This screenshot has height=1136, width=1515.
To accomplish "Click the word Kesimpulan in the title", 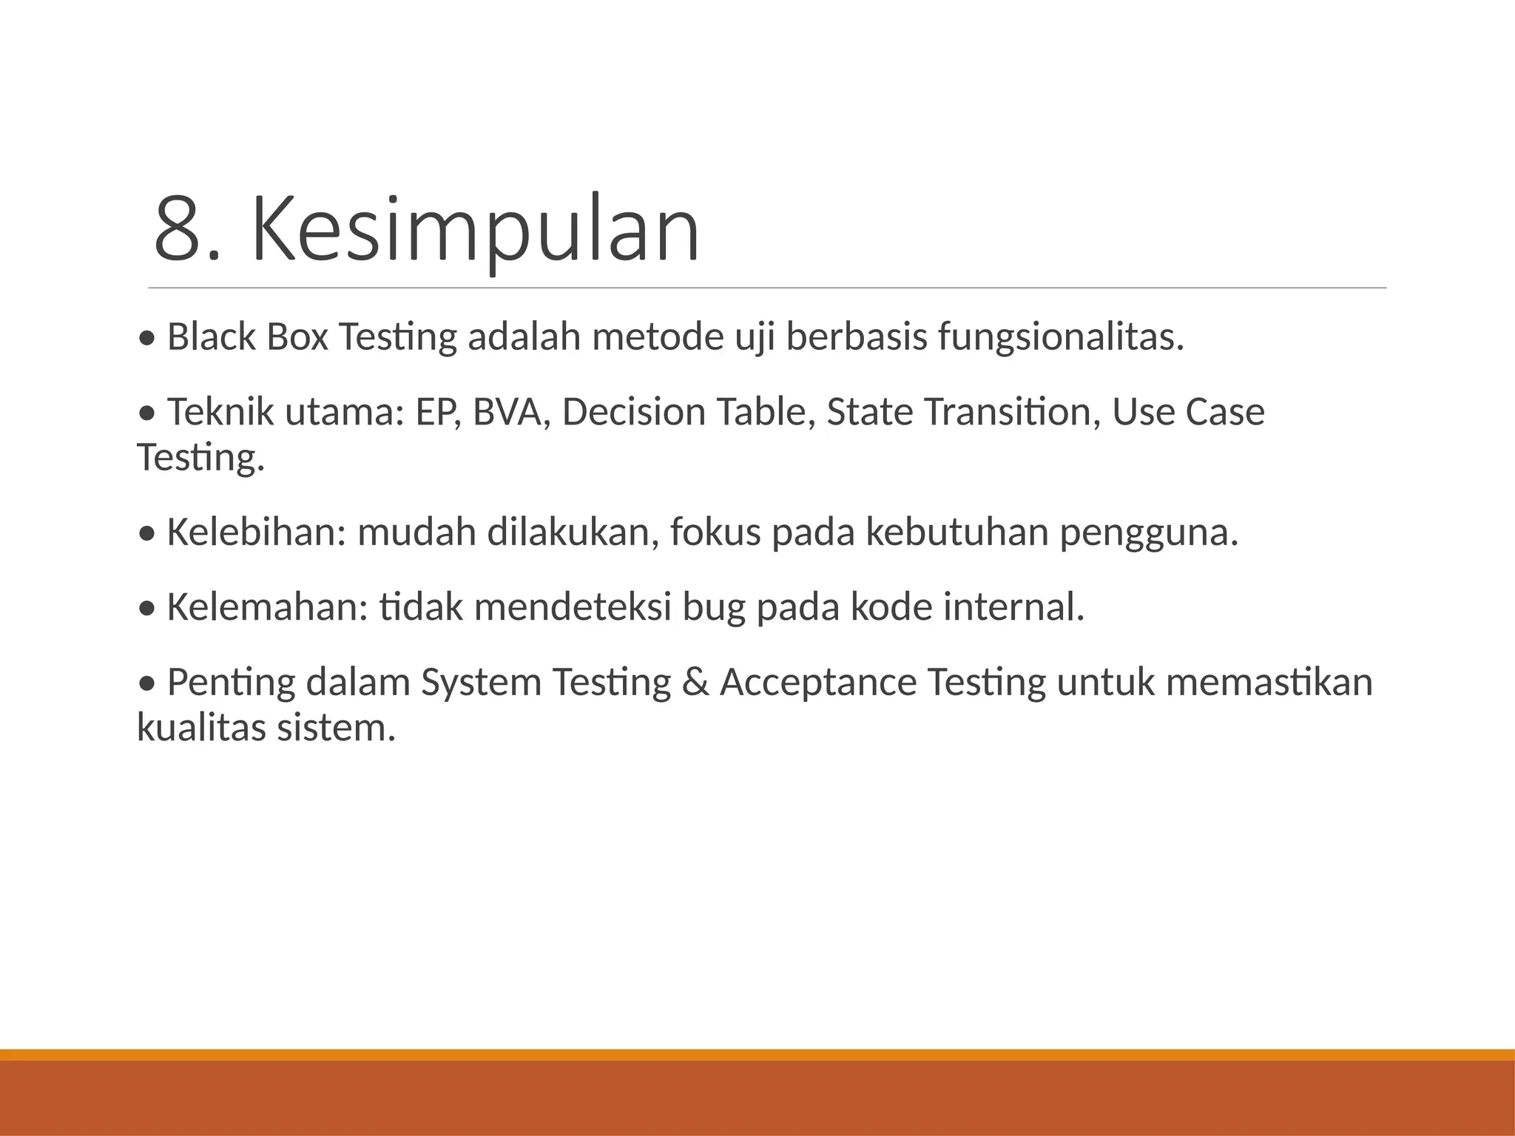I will coord(475,229).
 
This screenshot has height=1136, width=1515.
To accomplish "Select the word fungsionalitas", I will coord(1061,337).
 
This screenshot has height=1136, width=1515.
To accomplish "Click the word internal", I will coord(1013,607).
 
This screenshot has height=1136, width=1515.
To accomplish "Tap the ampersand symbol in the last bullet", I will coord(695,682).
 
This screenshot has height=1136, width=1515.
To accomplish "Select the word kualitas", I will coord(200,728).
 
